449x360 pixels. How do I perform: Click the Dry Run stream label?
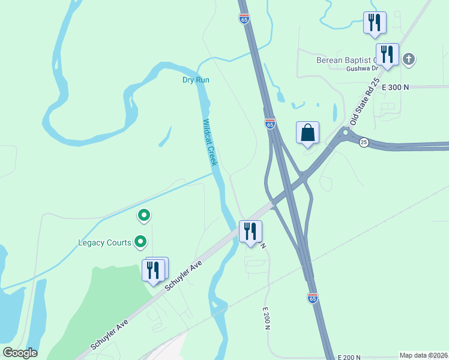[196, 80]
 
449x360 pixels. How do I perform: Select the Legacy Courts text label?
[104, 243]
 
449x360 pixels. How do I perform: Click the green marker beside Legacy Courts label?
[141, 242]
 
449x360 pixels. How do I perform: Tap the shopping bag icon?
[307, 133]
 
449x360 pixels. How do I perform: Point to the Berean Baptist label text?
[345, 60]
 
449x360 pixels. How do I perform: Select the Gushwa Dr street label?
[360, 69]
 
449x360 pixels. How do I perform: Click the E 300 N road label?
[394, 87]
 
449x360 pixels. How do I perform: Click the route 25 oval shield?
[364, 142]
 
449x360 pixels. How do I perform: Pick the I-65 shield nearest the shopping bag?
[270, 124]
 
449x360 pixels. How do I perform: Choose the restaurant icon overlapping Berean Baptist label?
[387, 54]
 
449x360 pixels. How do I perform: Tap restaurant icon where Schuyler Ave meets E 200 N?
[250, 231]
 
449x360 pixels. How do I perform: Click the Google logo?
[20, 353]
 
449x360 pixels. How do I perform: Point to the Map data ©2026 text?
[424, 355]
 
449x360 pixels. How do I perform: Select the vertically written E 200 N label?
[266, 319]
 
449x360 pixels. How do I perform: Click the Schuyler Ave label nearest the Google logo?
[110, 334]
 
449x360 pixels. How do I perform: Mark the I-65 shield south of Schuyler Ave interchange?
[312, 298]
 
